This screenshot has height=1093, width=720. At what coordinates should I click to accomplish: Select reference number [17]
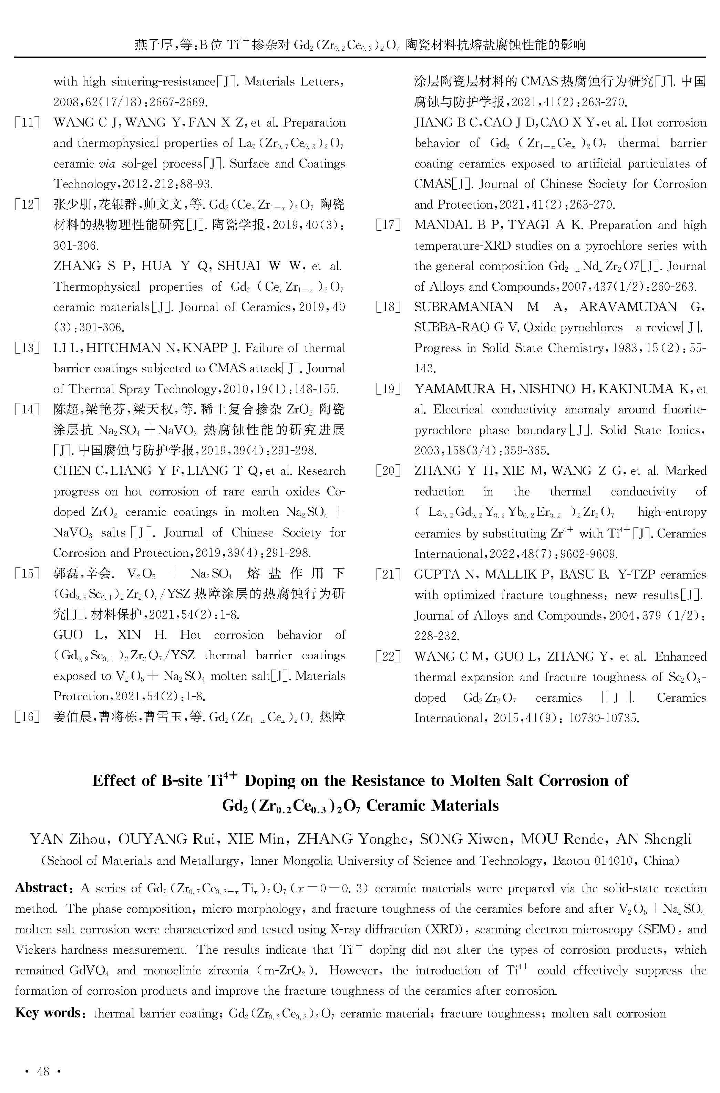click(x=388, y=225)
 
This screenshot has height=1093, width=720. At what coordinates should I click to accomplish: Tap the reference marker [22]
click(x=388, y=656)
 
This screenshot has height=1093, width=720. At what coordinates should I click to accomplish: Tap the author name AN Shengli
click(x=654, y=839)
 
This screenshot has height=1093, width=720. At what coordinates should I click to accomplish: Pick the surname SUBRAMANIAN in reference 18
click(x=463, y=307)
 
